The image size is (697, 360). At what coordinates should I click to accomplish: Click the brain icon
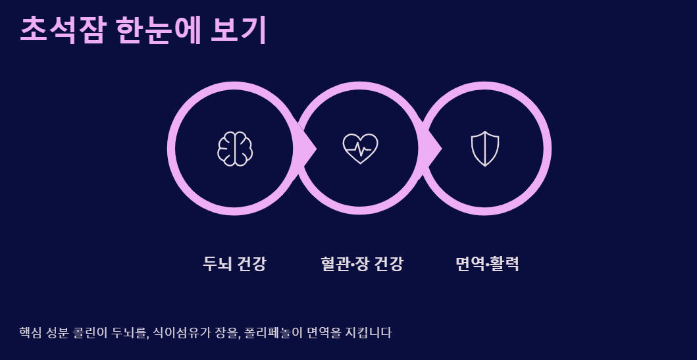pyautogui.click(x=235, y=148)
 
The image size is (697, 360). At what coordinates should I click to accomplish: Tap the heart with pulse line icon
pyautogui.click(x=360, y=148)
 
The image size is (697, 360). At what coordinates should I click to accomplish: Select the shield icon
pyautogui.click(x=485, y=148)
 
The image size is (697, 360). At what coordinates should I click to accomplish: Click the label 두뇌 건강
pyautogui.click(x=235, y=264)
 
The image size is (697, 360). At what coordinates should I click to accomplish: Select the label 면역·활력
pyautogui.click(x=487, y=264)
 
